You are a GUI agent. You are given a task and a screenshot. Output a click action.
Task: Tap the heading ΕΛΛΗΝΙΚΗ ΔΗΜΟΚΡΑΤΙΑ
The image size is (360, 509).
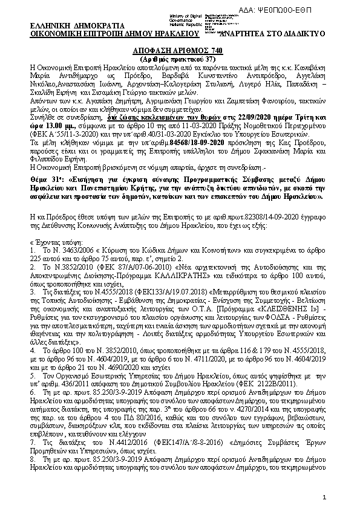(x=77, y=26)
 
